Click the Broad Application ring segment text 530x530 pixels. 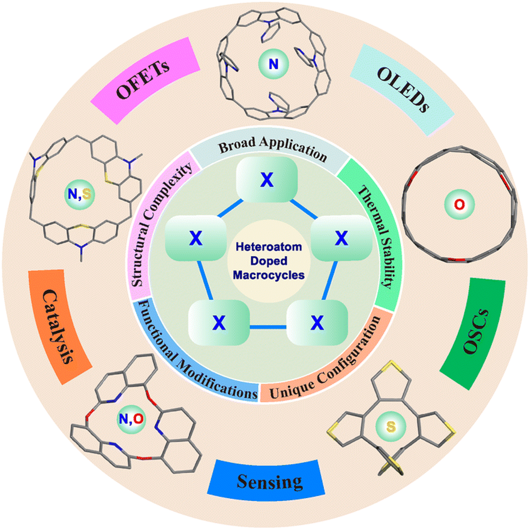coord(271,151)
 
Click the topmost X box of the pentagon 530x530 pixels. coord(267,181)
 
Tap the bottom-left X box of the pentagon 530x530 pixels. coord(216,322)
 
